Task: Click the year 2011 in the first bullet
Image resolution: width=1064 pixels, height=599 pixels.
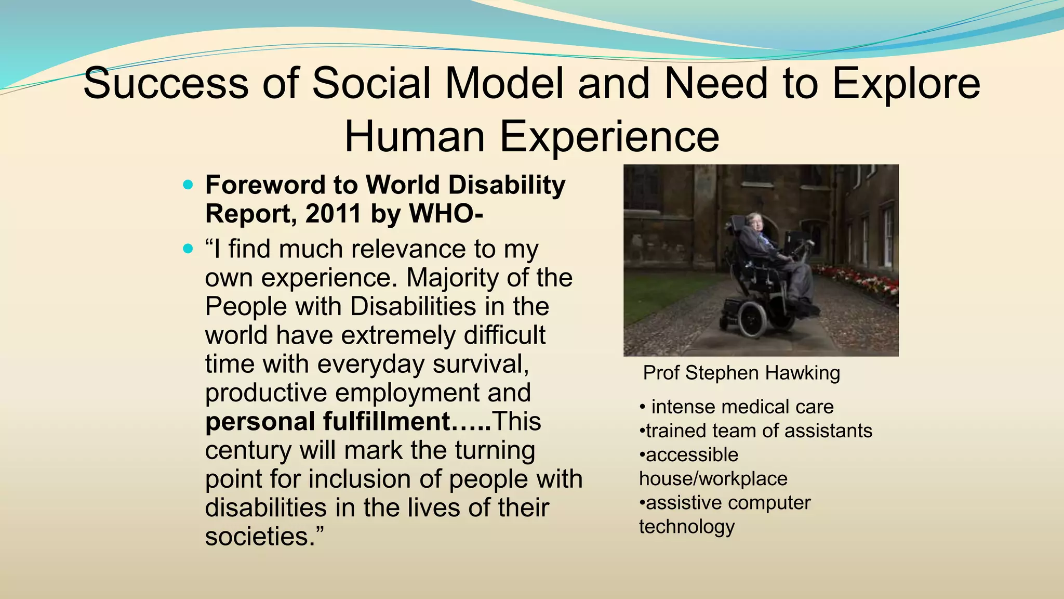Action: click(333, 213)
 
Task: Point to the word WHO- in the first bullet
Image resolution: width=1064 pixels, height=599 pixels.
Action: click(446, 213)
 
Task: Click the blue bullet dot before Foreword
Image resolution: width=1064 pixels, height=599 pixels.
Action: click(188, 185)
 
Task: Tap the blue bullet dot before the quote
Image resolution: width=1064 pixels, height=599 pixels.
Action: click(188, 249)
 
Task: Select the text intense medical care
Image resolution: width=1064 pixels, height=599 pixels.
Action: click(742, 407)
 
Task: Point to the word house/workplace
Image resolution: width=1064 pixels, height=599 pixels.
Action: click(713, 478)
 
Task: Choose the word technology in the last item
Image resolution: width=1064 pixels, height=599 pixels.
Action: click(687, 526)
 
